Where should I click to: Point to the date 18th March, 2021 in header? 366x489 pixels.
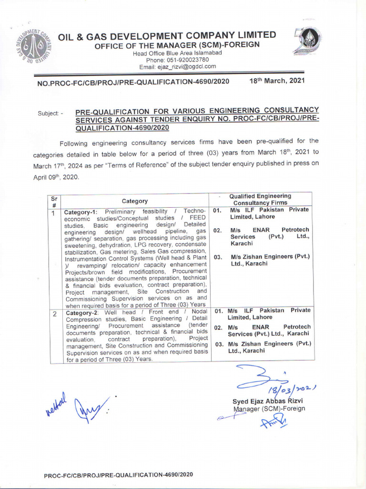click(x=277, y=81)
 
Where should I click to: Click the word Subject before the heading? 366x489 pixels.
click(x=49, y=114)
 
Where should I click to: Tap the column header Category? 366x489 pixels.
click(x=134, y=201)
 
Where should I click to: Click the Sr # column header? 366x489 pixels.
click(x=54, y=201)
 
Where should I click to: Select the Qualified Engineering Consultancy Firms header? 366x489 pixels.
click(x=260, y=199)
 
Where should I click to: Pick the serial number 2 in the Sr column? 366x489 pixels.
click(x=54, y=314)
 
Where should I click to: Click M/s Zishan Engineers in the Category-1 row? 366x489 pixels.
click(x=269, y=260)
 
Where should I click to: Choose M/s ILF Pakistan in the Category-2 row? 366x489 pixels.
click(x=269, y=313)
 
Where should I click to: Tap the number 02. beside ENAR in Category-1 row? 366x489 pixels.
click(x=218, y=230)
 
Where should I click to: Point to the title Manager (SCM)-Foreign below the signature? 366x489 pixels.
click(x=269, y=408)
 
